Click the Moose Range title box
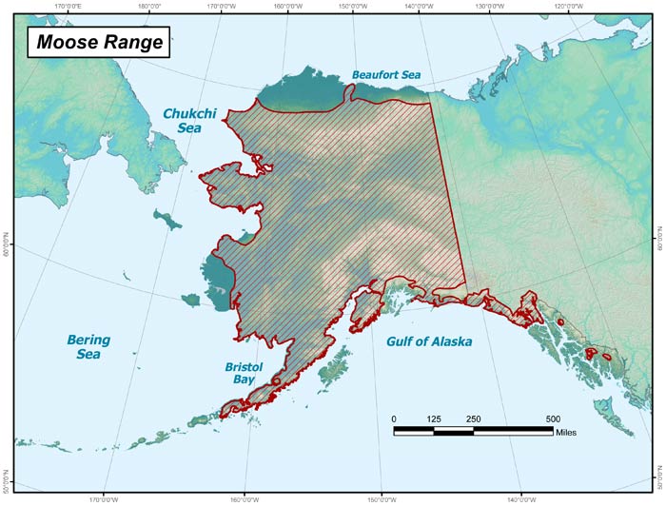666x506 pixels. [x=94, y=42]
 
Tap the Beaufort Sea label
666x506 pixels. [x=385, y=74]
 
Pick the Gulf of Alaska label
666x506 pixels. [x=429, y=341]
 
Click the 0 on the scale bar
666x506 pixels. [x=395, y=418]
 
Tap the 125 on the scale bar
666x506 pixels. [x=434, y=418]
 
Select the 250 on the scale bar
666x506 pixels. [x=474, y=418]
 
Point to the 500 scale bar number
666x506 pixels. [x=553, y=418]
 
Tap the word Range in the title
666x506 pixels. [x=129, y=42]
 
